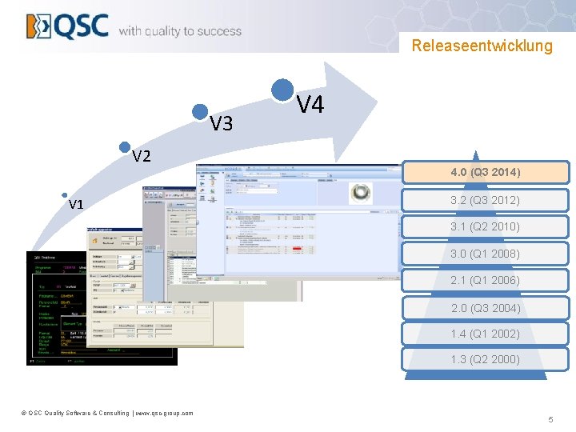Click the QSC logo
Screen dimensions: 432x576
coord(67,26)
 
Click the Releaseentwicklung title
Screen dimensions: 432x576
coord(482,46)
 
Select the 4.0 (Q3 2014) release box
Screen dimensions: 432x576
coord(485,172)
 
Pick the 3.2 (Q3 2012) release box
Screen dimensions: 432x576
coord(485,200)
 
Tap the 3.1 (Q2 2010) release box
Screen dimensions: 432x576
coord(485,226)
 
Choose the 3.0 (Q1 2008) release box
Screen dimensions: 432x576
coord(485,254)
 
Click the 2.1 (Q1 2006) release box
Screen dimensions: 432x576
coord(485,280)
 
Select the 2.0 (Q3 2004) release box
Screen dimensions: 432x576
coord(485,308)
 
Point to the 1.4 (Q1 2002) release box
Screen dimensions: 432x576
coord(485,334)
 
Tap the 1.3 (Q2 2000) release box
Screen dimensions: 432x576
coord(485,359)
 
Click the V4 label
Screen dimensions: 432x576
coord(310,104)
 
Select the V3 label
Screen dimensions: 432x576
coord(221,123)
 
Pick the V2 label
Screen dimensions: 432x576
coord(142,156)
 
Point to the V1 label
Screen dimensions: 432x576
coord(76,205)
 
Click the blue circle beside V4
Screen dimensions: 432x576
coord(282,90)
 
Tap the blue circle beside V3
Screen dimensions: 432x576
coord(200,113)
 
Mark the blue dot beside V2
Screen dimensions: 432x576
coord(124,146)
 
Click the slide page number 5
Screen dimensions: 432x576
coord(550,420)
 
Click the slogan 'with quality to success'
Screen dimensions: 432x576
coord(180,31)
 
